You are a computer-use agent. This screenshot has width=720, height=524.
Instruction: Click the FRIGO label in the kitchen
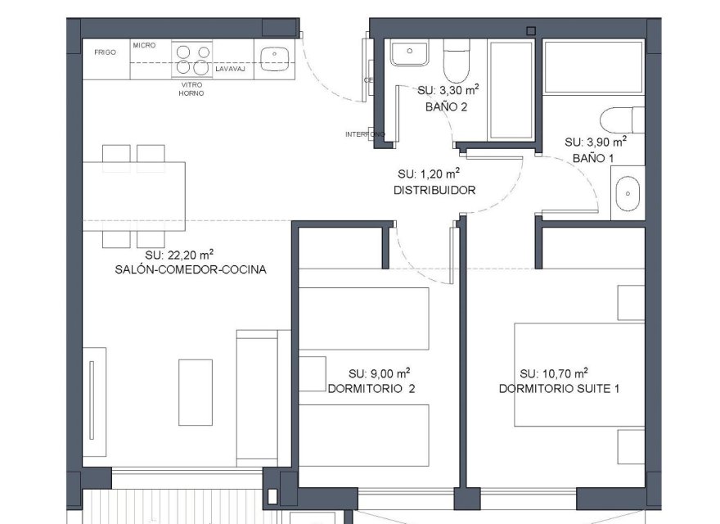click(x=105, y=52)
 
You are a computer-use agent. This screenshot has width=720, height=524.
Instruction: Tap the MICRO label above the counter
click(x=145, y=46)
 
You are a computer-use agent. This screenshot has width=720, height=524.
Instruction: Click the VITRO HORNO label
click(x=191, y=88)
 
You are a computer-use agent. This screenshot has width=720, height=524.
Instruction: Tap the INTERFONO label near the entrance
click(x=365, y=134)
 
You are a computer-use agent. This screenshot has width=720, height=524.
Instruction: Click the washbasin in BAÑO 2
click(x=406, y=54)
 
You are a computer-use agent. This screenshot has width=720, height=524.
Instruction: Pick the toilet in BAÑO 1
click(x=623, y=120)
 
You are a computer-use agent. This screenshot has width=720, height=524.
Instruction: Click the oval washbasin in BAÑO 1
click(x=628, y=193)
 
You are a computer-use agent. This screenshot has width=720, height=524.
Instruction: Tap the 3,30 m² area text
click(x=448, y=92)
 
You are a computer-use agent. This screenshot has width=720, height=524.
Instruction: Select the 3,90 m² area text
click(x=596, y=142)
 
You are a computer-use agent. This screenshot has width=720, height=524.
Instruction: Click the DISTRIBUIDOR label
click(x=434, y=190)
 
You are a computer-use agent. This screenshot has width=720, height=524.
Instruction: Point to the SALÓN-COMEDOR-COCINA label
click(x=191, y=269)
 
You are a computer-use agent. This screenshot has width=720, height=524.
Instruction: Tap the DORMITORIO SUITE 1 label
click(x=559, y=388)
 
